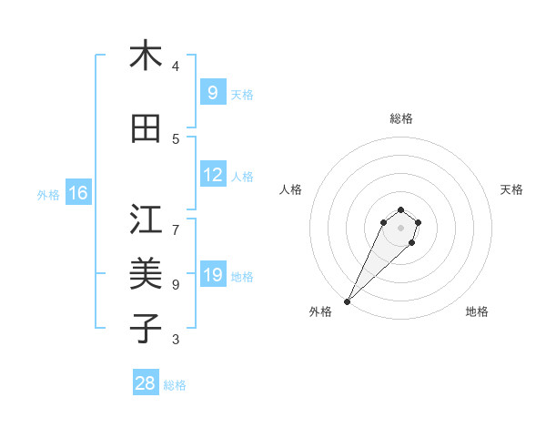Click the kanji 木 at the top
[146, 56]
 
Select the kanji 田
[146, 128]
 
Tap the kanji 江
[146, 219]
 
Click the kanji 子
[146, 327]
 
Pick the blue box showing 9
[212, 92]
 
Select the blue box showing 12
[212, 175]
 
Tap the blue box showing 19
[212, 275]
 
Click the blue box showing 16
[77, 193]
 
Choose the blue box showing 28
[146, 383]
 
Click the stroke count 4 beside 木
[176, 66]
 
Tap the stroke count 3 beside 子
[176, 340]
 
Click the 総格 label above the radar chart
[400, 119]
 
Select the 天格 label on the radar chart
[511, 189]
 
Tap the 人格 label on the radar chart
[290, 189]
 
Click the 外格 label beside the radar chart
[320, 311]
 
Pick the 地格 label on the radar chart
[477, 311]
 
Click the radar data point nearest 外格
[347, 301]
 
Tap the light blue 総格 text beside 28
[175, 385]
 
